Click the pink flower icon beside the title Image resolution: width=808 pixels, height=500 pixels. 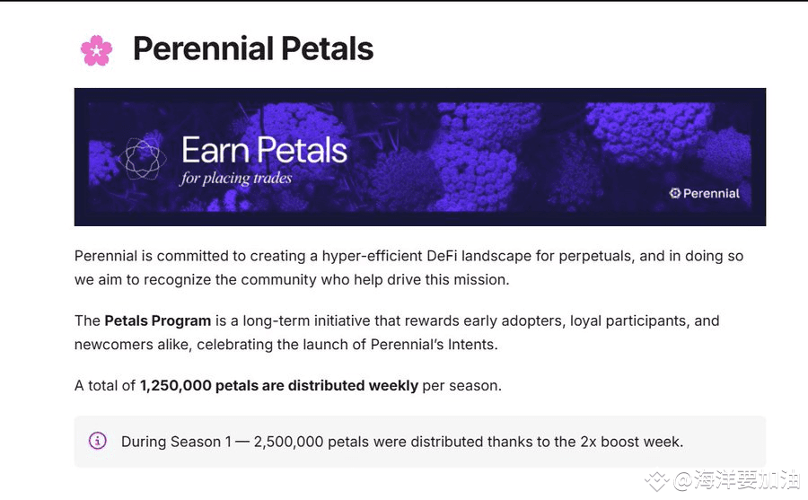[x=96, y=50]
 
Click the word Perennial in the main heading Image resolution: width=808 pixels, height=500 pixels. [x=204, y=49]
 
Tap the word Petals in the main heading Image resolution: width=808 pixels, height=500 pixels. [x=327, y=49]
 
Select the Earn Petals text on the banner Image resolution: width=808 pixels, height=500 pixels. [x=264, y=150]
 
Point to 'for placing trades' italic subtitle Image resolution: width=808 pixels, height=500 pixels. [x=236, y=179]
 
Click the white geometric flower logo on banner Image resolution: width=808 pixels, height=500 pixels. [x=143, y=159]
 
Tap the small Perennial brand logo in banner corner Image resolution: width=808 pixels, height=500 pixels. [x=705, y=193]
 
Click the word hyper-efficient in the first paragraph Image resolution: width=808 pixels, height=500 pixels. [x=372, y=256]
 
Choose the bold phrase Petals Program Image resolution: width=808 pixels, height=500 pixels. [x=158, y=321]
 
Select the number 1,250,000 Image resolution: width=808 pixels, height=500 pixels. [x=176, y=386]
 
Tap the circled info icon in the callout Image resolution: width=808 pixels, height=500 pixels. [x=98, y=441]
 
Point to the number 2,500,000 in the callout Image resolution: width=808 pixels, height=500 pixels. [x=288, y=442]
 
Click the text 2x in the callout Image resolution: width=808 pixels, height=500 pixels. [x=588, y=442]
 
